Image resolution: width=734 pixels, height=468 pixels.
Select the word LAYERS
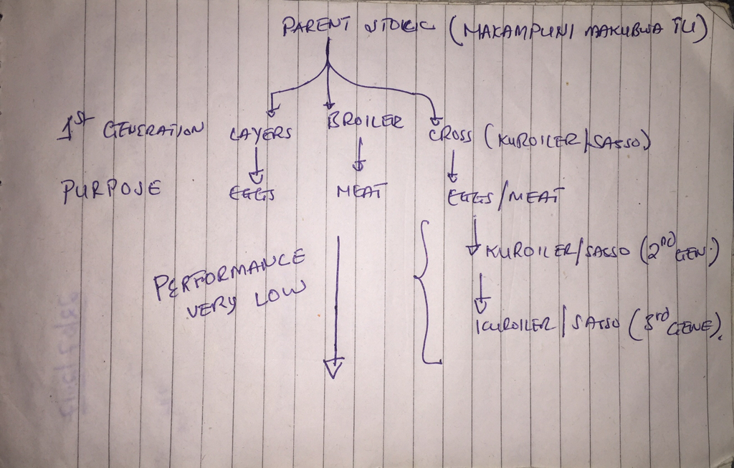coord(260,133)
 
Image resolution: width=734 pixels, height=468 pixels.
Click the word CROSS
coord(450,136)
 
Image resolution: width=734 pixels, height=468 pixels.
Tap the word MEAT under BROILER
coord(361,191)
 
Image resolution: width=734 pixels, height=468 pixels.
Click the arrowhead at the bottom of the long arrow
coord(335,366)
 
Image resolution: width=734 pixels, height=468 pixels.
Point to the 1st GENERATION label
coord(132,130)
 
